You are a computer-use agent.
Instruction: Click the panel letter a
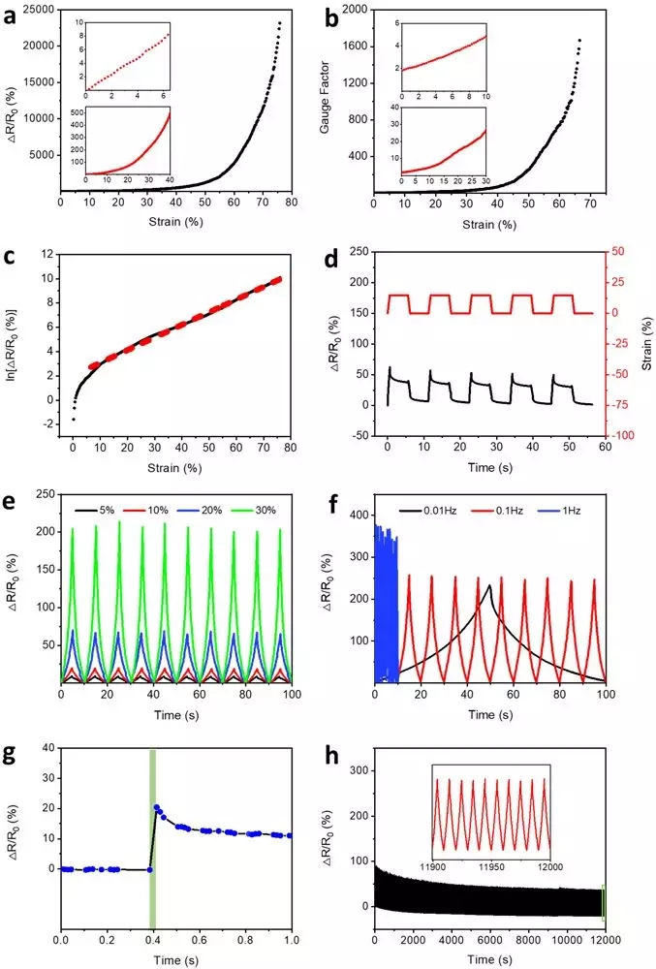(x=13, y=14)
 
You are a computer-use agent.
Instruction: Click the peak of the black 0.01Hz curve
(x=490, y=585)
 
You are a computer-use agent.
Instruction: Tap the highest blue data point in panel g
(x=157, y=806)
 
